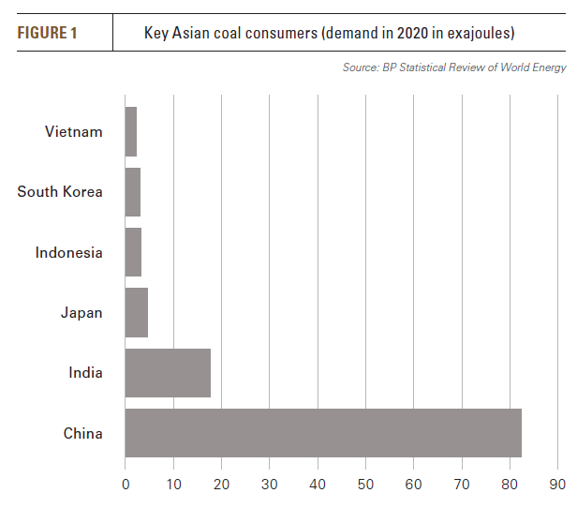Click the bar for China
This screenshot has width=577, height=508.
tap(323, 433)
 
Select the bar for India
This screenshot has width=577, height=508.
tap(168, 373)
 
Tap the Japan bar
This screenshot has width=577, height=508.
tap(137, 313)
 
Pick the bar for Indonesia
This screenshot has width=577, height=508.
tap(133, 252)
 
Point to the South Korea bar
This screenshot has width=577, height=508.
tap(133, 192)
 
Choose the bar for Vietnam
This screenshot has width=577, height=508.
tap(131, 132)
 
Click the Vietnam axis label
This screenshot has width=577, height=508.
tap(74, 132)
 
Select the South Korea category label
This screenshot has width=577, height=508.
tap(60, 192)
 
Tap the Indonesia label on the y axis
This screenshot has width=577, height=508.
tap(69, 252)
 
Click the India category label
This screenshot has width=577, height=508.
tap(85, 373)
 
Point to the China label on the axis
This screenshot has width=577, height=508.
tap(83, 433)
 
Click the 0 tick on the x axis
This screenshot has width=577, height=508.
tap(126, 485)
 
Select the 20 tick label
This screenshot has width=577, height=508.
tap(222, 485)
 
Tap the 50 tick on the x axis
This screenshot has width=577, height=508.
tap(366, 485)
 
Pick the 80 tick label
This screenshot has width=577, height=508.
tap(510, 485)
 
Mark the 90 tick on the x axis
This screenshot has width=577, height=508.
tap(558, 485)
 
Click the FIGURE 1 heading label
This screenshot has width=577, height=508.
tap(48, 34)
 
